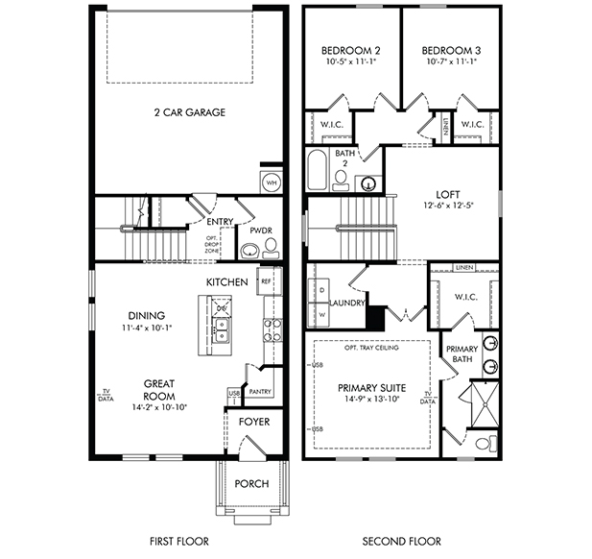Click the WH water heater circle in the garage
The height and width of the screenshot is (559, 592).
[272, 182]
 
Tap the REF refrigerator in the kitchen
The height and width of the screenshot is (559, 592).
[269, 280]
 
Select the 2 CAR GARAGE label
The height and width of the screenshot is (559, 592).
[190, 112]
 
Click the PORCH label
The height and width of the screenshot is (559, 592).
[251, 484]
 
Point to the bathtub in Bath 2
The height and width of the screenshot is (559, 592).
[317, 170]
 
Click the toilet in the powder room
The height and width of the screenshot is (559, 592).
[271, 249]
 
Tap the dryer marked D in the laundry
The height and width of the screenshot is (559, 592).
[319, 291]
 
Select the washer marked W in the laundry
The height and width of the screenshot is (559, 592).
[319, 315]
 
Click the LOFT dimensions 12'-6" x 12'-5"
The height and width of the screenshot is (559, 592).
[448, 206]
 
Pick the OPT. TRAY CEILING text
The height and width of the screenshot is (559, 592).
[371, 348]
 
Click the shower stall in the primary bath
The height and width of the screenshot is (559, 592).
[485, 404]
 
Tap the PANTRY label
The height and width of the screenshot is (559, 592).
[260, 392]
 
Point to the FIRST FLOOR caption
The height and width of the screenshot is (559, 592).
[179, 542]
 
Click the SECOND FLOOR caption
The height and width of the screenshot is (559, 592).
[402, 542]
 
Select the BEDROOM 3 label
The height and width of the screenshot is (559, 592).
[451, 51]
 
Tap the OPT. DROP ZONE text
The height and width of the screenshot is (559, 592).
[211, 245]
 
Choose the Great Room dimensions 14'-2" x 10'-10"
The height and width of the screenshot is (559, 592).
[159, 407]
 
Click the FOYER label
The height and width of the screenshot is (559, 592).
[254, 422]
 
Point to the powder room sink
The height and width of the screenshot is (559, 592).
[249, 251]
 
